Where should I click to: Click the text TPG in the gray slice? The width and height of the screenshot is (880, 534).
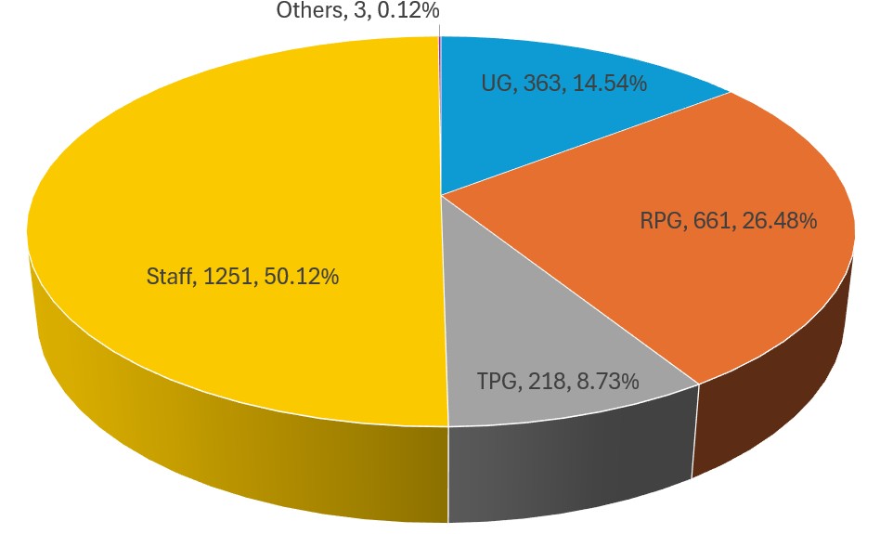coord(498,381)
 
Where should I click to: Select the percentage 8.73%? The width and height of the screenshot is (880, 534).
coord(605,381)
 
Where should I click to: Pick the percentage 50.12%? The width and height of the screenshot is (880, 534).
coord(300,276)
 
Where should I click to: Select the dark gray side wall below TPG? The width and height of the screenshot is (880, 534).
coord(566,464)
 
